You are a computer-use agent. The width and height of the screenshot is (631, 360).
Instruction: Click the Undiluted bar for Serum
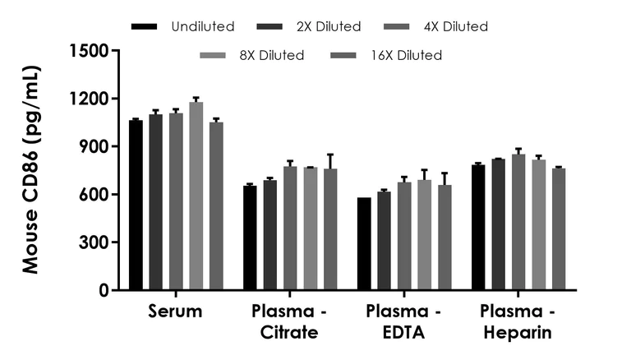[x=136, y=205]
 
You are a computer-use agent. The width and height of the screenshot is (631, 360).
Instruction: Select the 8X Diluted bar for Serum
[x=196, y=196]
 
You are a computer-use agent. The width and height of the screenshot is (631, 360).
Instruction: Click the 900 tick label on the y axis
[x=95, y=147]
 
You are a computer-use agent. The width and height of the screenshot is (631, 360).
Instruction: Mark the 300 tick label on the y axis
[x=95, y=243]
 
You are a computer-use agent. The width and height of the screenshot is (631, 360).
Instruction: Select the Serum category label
[x=176, y=312]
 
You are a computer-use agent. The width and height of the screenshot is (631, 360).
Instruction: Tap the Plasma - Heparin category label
[x=516, y=322]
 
